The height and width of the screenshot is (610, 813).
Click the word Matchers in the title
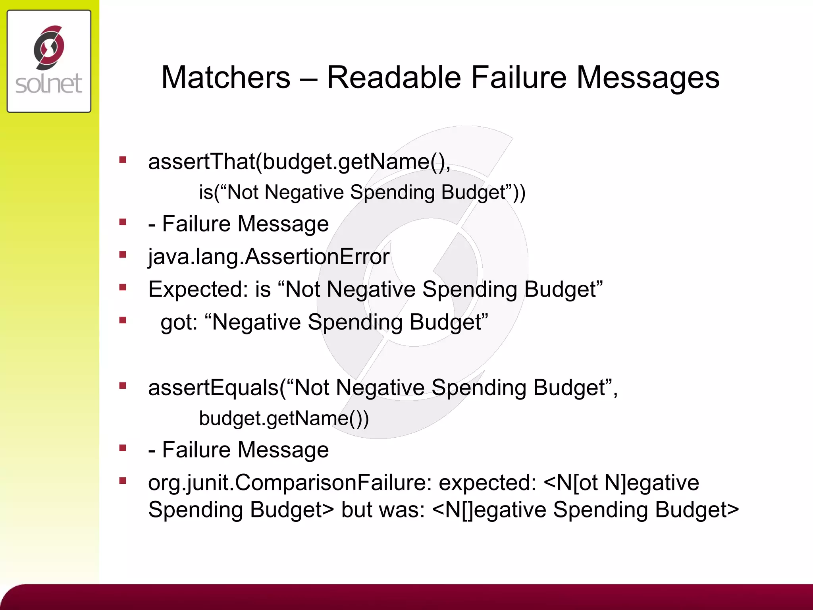click(x=225, y=77)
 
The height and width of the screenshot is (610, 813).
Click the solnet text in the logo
click(x=48, y=84)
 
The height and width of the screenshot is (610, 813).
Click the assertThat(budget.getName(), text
click(x=299, y=162)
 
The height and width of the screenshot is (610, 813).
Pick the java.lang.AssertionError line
click(x=268, y=257)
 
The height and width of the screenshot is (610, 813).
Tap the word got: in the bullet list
click(x=179, y=322)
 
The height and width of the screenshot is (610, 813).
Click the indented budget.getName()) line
click(x=283, y=418)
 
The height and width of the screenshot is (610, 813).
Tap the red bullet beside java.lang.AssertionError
click(x=123, y=255)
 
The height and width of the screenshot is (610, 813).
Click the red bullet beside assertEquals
click(x=123, y=385)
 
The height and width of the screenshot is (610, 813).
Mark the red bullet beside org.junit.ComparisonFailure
click(x=123, y=481)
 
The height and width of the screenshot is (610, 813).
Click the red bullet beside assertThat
click(x=123, y=160)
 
